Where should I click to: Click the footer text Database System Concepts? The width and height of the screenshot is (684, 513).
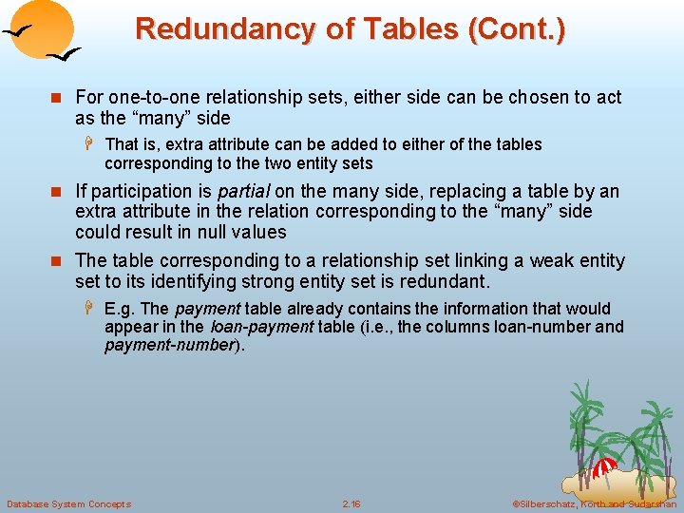[x=69, y=503]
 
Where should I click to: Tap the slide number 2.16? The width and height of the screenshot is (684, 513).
[x=351, y=503]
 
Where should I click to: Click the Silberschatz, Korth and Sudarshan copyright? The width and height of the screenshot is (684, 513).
[x=594, y=503]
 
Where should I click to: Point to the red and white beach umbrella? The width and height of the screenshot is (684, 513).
[x=604, y=467]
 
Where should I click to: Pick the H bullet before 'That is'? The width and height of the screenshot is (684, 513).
[x=91, y=144]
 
